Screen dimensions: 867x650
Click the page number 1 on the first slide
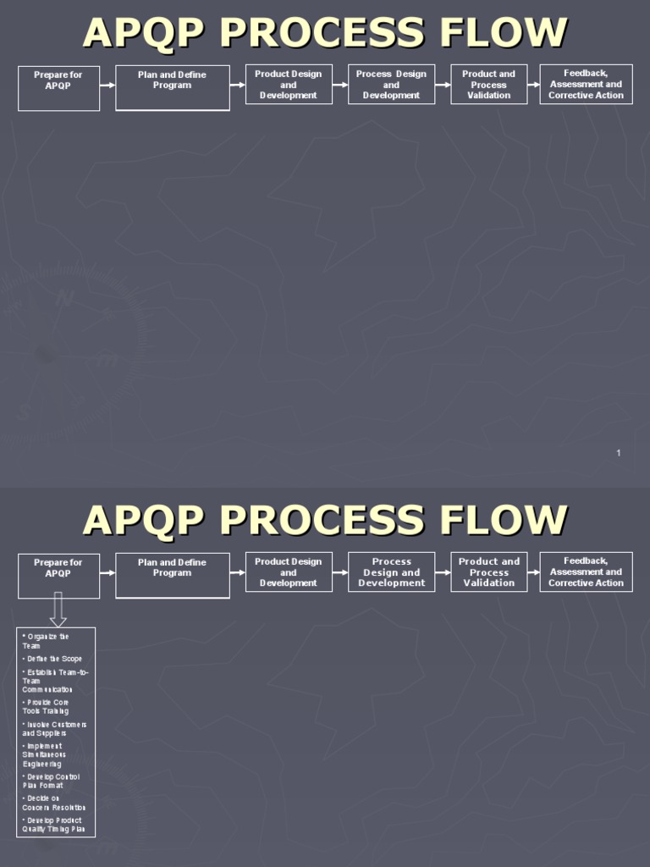click(619, 453)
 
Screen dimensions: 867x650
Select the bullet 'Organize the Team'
click(46, 641)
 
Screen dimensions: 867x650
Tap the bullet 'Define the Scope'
click(52, 659)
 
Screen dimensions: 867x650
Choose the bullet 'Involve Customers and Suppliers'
click(54, 729)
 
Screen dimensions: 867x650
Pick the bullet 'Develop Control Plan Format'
click(51, 781)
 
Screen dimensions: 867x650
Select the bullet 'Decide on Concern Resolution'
click(53, 803)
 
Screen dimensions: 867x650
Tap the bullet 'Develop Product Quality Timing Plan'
click(54, 825)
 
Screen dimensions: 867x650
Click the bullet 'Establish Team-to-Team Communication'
click(55, 681)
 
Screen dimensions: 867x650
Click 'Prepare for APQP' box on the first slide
click(58, 88)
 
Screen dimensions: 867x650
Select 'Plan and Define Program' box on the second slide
click(172, 575)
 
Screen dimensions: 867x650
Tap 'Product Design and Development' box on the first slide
click(289, 85)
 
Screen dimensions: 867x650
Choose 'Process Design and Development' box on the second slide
click(391, 572)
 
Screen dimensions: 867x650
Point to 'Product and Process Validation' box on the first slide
click(488, 85)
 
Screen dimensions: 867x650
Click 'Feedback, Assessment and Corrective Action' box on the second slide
click(586, 572)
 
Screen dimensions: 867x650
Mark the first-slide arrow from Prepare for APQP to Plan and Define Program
click(107, 85)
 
